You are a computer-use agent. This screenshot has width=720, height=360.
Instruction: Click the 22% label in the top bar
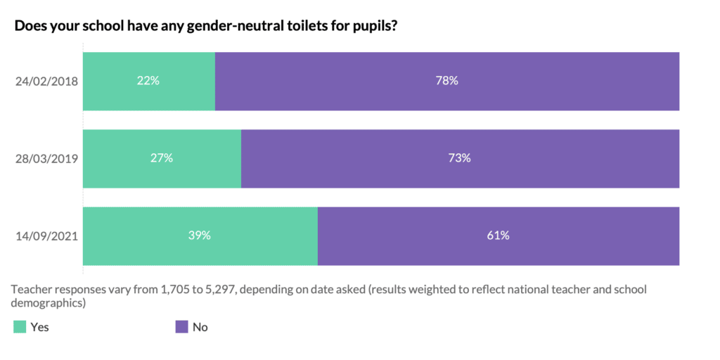pyautogui.click(x=148, y=81)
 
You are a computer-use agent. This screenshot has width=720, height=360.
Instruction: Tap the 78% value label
pyautogui.click(x=447, y=81)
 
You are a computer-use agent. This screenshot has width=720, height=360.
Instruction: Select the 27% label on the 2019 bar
pyautogui.click(x=162, y=158)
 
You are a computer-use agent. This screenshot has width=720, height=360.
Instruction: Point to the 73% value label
pyautogui.click(x=460, y=158)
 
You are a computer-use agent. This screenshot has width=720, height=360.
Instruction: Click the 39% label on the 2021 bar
pyautogui.click(x=200, y=236)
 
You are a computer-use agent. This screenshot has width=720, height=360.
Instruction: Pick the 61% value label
pyautogui.click(x=498, y=236)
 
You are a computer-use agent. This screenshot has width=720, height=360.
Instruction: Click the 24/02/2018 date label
pyautogui.click(x=46, y=81)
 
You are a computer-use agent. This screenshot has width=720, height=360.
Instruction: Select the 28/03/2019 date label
pyautogui.click(x=46, y=158)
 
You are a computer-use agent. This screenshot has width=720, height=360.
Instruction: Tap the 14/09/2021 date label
pyautogui.click(x=46, y=236)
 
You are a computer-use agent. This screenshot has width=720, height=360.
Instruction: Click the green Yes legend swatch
pyautogui.click(x=20, y=326)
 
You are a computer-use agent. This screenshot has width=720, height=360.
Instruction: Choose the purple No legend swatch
pyautogui.click(x=181, y=326)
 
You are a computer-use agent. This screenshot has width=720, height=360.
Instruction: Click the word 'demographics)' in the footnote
pyautogui.click(x=49, y=303)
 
